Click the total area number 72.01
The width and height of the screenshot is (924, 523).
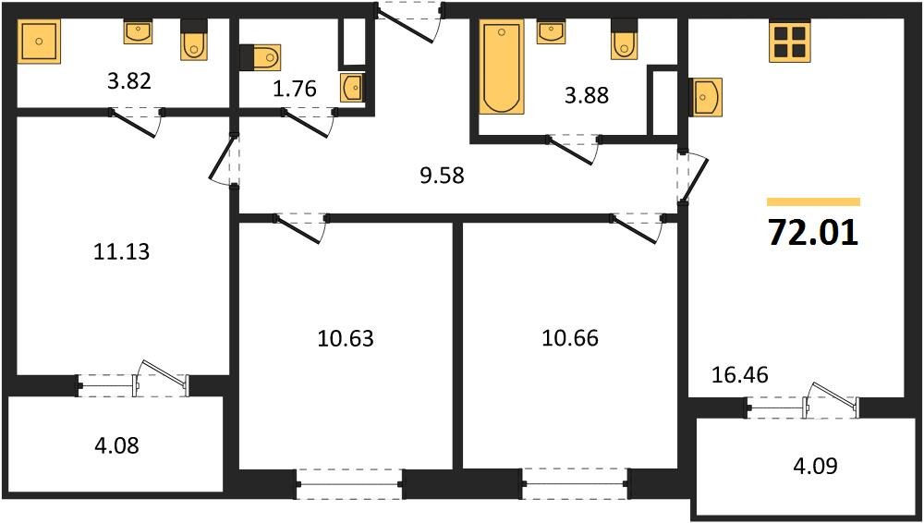[813, 233]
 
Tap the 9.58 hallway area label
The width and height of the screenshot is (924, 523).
[441, 175]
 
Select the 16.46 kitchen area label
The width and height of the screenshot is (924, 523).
[739, 374]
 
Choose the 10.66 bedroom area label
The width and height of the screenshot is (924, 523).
[569, 338]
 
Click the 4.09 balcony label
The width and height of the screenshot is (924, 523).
[814, 466]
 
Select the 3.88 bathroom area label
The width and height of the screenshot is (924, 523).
[587, 94]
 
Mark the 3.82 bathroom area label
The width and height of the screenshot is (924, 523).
[128, 80]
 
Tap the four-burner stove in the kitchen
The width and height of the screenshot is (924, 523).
[790, 41]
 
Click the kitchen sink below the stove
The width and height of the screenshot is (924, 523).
[706, 96]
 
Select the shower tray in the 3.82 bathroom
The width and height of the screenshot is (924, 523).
[39, 42]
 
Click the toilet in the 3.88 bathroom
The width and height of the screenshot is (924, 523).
[625, 39]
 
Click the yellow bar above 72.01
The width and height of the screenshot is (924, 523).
[813, 201]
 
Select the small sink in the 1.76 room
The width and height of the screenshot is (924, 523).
[352, 88]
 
